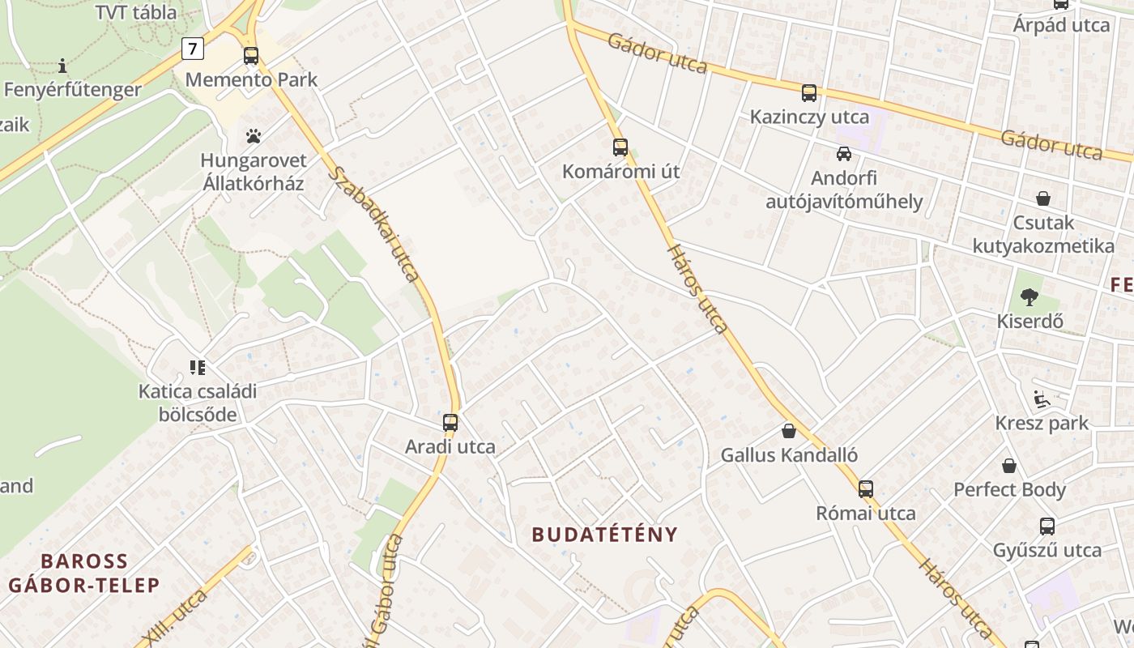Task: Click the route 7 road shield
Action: click(x=192, y=49)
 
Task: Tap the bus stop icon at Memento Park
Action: click(x=251, y=56)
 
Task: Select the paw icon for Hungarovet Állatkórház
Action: click(x=254, y=136)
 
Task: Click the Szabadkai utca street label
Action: click(x=374, y=224)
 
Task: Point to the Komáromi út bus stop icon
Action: click(x=620, y=147)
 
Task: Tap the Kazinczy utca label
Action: click(x=809, y=117)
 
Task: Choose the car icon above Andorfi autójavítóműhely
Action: click(x=844, y=153)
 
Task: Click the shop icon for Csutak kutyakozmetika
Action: click(x=1043, y=198)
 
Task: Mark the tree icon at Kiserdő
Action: click(x=1030, y=297)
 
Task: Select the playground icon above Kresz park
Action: click(x=1042, y=399)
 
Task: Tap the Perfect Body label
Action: click(x=1009, y=489)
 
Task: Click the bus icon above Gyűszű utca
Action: click(x=1047, y=526)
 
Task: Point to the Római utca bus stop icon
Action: click(x=866, y=489)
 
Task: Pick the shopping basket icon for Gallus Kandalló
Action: click(x=789, y=431)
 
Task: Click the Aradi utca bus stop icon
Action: click(x=450, y=423)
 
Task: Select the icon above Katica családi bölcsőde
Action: click(x=198, y=368)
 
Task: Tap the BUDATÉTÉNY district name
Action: click(x=604, y=535)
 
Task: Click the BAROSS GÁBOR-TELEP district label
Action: click(x=84, y=573)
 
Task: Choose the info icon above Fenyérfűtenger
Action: click(x=62, y=66)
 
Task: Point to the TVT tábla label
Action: click(x=136, y=12)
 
